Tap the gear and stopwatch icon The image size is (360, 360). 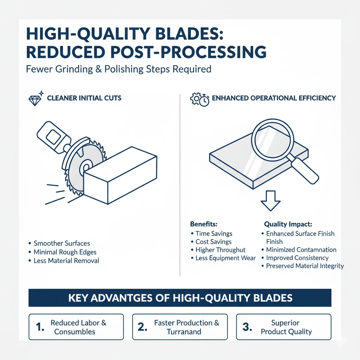[x=200, y=99]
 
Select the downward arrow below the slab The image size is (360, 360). [x=270, y=201]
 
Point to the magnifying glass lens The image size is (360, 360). [x=272, y=140]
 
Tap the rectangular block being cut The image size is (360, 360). [x=120, y=175]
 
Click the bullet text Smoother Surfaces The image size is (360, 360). [x=62, y=243]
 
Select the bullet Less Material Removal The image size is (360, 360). [x=66, y=261]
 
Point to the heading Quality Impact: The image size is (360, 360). [x=288, y=224]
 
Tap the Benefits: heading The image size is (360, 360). [x=204, y=224]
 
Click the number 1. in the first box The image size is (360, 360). [x=40, y=327]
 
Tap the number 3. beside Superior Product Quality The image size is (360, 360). [x=247, y=327]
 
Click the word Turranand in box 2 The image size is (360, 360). [x=184, y=332]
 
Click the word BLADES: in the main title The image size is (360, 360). [x=189, y=34]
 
